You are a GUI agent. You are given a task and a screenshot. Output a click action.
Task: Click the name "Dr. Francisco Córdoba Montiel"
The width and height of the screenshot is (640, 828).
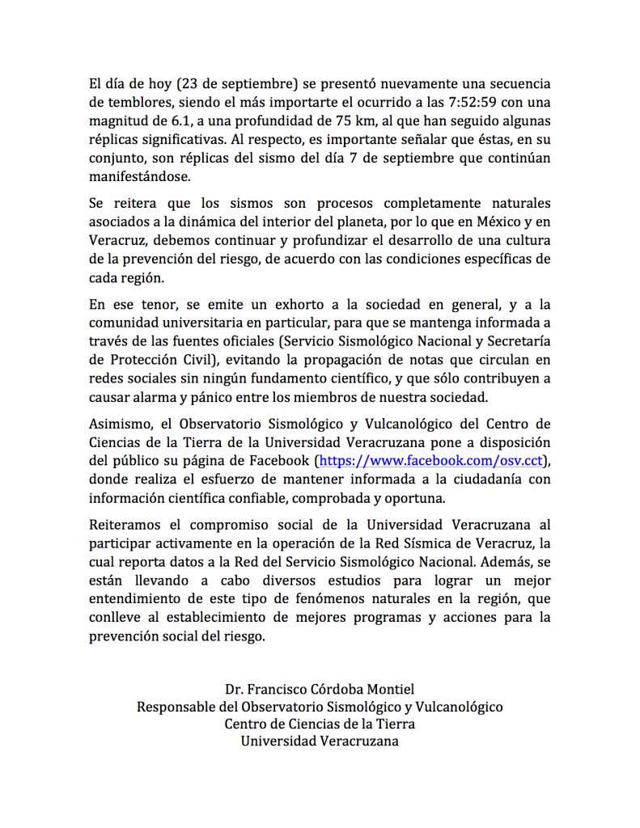320,689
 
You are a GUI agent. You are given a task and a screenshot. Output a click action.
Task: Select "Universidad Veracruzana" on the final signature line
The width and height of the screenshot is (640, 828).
320,741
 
